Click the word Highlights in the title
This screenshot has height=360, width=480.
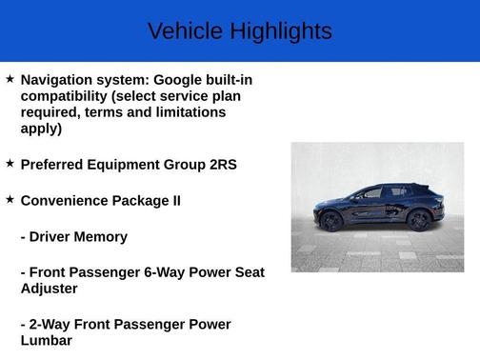(x=278, y=31)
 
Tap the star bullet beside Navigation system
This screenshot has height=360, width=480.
(x=10, y=79)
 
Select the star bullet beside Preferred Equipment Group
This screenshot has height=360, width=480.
(x=10, y=163)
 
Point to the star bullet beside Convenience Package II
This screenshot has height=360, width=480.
(x=10, y=199)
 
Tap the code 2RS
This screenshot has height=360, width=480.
(x=222, y=164)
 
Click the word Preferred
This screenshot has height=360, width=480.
(x=53, y=164)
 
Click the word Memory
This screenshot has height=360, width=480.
(x=102, y=236)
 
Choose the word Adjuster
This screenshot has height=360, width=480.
(x=49, y=288)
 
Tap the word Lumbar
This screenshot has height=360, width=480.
(x=46, y=340)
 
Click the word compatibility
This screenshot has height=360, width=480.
(x=65, y=96)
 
